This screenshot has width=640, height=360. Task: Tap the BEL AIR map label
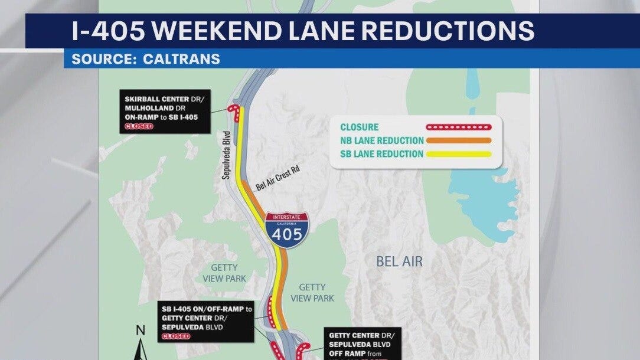(399, 261)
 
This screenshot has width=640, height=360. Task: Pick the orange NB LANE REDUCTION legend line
(458, 140)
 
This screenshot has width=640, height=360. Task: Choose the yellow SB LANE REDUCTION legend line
(458, 155)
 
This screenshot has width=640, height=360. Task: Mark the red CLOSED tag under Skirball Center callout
(138, 126)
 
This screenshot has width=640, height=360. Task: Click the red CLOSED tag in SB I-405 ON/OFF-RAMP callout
(175, 336)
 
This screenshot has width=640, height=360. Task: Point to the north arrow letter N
(140, 330)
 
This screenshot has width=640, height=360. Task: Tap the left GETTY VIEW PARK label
(224, 273)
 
